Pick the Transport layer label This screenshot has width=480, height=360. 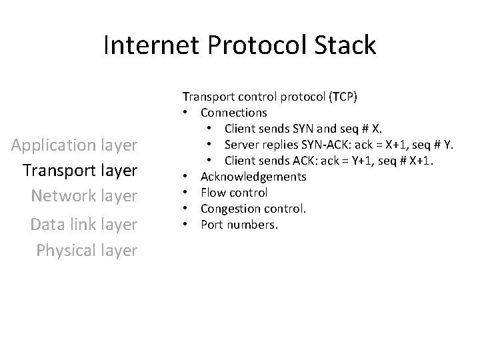79,171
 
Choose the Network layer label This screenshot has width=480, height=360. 84,196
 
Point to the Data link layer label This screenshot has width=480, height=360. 84,224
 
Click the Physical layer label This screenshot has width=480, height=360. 87,250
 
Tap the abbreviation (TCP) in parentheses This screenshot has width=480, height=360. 342,97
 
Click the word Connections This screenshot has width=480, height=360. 234,113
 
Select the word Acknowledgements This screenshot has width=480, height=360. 253,177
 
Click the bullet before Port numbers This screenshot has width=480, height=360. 187,225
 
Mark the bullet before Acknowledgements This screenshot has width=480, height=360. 187,177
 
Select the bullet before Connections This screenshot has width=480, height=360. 187,113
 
